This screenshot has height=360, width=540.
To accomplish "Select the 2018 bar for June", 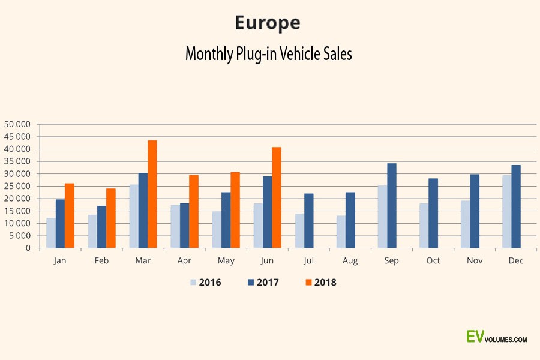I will point(277,197).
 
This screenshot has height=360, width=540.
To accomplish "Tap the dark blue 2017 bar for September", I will point(392,205).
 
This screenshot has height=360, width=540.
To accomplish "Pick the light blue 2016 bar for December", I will point(507,211).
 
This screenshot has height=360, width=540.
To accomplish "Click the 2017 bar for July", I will point(308,220).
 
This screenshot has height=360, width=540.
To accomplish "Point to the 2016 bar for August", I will point(341,232).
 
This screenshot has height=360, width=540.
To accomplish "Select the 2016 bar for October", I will point(424,226).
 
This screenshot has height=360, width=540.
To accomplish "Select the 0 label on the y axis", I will point(28,248).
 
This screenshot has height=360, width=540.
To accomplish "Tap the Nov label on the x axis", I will point(475,260).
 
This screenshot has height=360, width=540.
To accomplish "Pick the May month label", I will point(226,260).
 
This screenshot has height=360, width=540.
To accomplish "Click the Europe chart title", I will point(268,23).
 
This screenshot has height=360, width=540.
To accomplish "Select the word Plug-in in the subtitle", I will point(251,54).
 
